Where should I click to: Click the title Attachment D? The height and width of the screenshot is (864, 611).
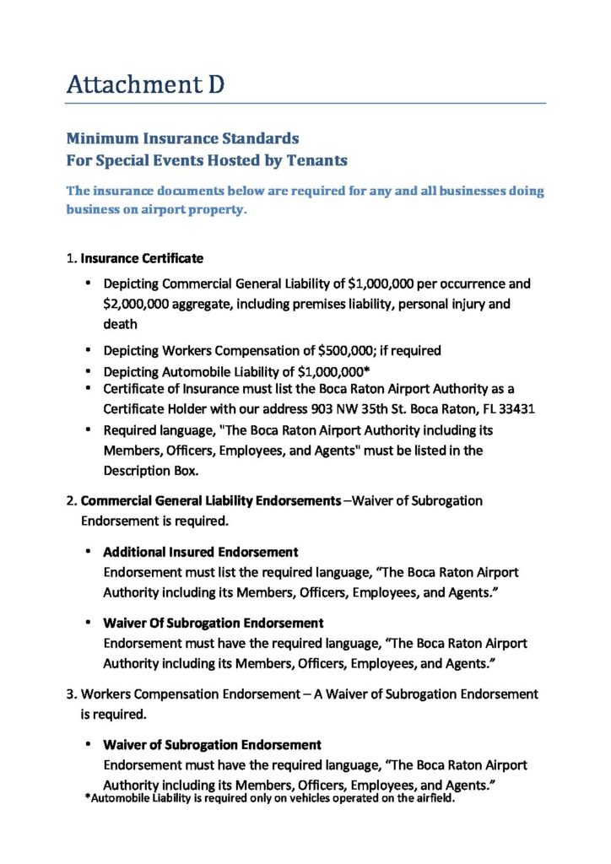pyautogui.click(x=145, y=84)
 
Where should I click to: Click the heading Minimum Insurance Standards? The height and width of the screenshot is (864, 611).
pyautogui.click(x=182, y=138)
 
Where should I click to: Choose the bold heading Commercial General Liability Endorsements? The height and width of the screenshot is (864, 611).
pyautogui.click(x=210, y=500)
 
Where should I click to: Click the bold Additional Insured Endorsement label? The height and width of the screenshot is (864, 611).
pyautogui.click(x=200, y=552)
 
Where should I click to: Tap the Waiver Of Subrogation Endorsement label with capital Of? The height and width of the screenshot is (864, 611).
pyautogui.click(x=213, y=623)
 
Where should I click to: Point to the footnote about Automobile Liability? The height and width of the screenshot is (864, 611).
pyautogui.click(x=270, y=799)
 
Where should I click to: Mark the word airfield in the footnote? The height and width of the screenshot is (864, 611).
pyautogui.click(x=435, y=799)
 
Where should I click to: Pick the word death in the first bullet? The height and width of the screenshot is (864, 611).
pyautogui.click(x=120, y=323)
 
